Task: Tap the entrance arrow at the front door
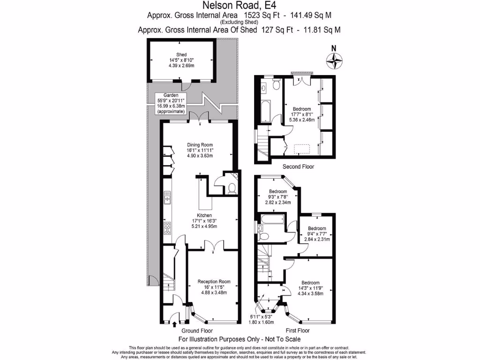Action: tap(174, 323)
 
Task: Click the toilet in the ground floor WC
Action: tap(230, 189)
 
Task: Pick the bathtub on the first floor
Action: tap(271, 218)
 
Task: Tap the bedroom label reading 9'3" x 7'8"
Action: tap(277, 197)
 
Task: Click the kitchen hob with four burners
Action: tap(167, 228)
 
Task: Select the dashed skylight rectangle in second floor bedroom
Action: tap(301, 149)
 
